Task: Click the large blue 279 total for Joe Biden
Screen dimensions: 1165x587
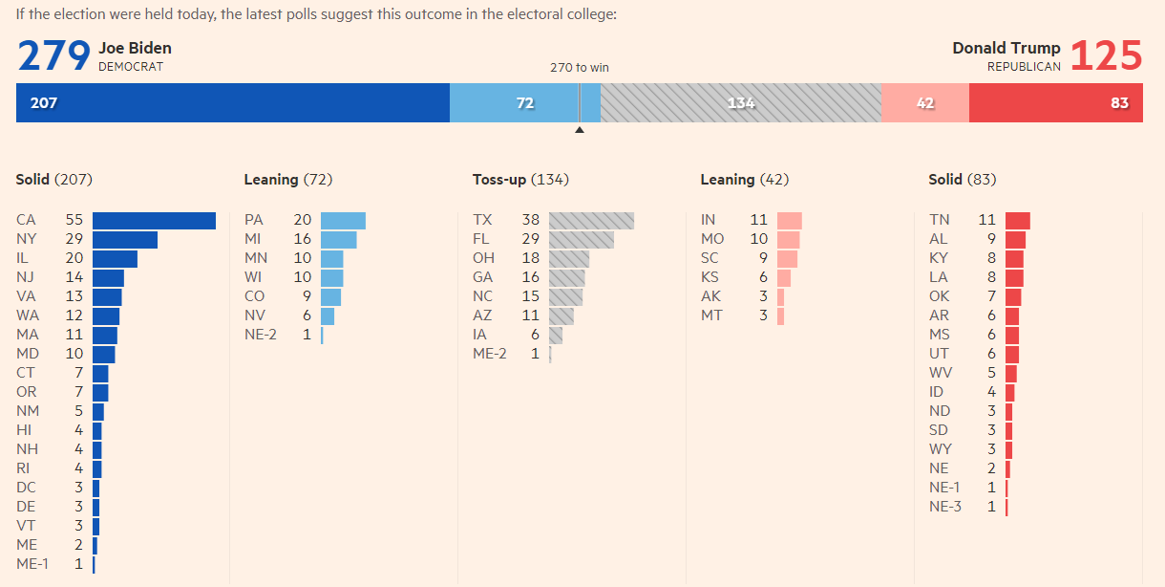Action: tap(54, 55)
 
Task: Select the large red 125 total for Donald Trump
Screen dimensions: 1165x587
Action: tap(1106, 55)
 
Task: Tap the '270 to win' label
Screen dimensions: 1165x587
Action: tap(580, 68)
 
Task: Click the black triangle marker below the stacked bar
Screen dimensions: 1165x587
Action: tap(580, 129)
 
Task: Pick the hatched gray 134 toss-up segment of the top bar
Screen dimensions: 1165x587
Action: tap(741, 102)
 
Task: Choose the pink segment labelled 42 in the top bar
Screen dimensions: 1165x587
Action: tap(925, 102)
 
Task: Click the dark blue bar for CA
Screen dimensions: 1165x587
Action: tap(154, 220)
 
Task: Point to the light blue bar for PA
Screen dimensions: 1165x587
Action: tap(343, 220)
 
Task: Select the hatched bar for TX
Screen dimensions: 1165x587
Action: tap(591, 220)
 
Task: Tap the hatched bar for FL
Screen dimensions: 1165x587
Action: tap(582, 240)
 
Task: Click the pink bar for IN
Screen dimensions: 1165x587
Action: tap(790, 220)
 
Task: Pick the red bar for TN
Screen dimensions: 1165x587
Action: tap(1018, 220)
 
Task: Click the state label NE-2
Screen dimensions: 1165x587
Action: tap(261, 335)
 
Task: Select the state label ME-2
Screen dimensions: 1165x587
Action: tap(490, 354)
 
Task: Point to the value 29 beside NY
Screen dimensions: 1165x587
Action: tap(74, 239)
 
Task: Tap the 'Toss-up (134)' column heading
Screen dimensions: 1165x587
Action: tap(520, 180)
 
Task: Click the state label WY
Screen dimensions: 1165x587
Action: tap(941, 449)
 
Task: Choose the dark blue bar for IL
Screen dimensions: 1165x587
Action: tap(115, 259)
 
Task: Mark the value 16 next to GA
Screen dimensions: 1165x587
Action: tap(531, 277)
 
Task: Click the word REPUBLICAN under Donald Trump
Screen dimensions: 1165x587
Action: tap(1024, 67)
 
